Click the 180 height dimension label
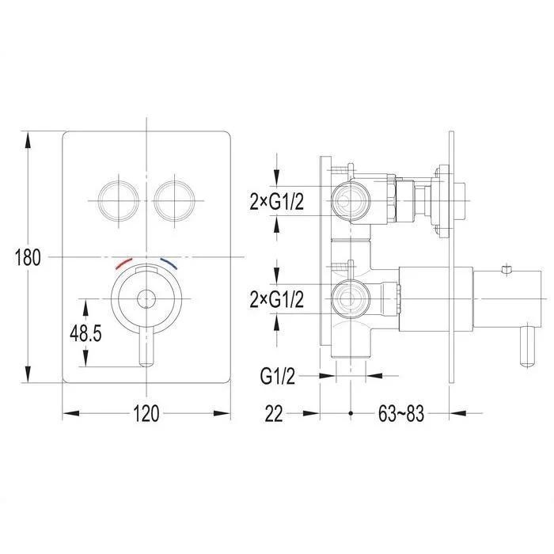point(28,257)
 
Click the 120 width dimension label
point(146,413)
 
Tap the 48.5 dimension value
point(85,333)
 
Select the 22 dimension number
point(274,413)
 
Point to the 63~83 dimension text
point(401,413)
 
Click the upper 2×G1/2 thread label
point(277,202)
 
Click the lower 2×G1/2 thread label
point(277,300)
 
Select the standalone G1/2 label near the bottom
point(277,376)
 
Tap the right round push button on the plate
point(175,201)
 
